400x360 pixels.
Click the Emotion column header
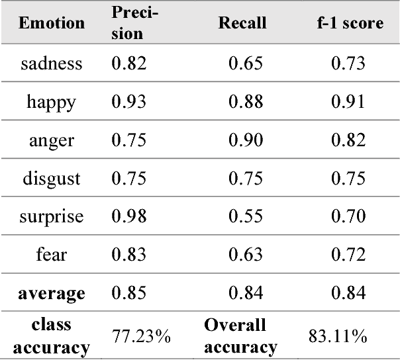pyautogui.click(x=52, y=23)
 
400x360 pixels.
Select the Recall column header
pyautogui.click(x=242, y=23)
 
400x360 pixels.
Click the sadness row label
pyautogui.click(x=52, y=64)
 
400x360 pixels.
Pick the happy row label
pyautogui.click(x=52, y=102)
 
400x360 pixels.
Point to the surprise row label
pyautogui.click(x=52, y=217)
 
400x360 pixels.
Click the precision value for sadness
pyautogui.click(x=126, y=64)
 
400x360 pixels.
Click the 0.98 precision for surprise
pyautogui.click(x=126, y=217)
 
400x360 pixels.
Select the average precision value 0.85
pyautogui.click(x=126, y=293)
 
